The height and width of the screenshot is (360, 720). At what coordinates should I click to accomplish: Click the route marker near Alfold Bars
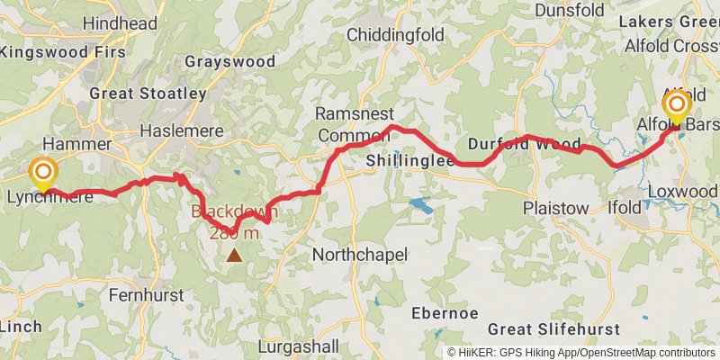tap(675, 108)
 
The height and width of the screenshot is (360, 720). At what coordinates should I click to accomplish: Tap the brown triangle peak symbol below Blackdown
tap(234, 256)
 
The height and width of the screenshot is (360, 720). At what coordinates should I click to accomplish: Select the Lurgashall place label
tap(299, 346)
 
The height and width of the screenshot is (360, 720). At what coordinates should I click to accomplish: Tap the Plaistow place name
tap(556, 208)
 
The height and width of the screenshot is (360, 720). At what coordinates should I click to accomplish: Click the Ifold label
tap(625, 208)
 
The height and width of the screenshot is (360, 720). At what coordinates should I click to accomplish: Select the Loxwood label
tap(683, 192)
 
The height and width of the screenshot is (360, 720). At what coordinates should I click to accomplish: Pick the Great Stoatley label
tap(148, 93)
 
